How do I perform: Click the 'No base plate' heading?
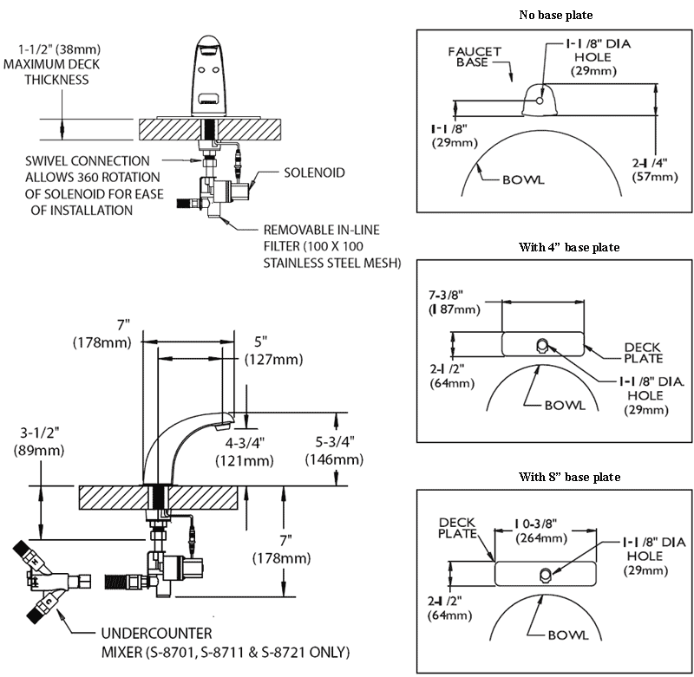555,15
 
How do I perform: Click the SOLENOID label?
314,173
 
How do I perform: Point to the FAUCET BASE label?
475,57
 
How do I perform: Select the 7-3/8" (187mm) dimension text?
452,303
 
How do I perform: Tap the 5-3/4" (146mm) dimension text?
333,451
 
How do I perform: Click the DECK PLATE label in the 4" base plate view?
643,353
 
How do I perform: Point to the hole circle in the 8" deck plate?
546,573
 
